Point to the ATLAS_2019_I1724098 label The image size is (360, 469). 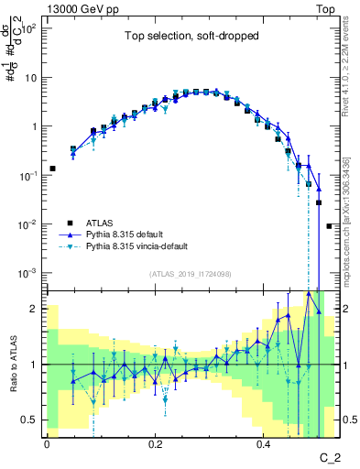(x=191, y=274)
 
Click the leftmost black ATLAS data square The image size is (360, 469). (x=52, y=169)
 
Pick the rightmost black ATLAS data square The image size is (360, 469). (x=330, y=225)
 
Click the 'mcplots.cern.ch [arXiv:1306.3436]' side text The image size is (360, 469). (x=352, y=192)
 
